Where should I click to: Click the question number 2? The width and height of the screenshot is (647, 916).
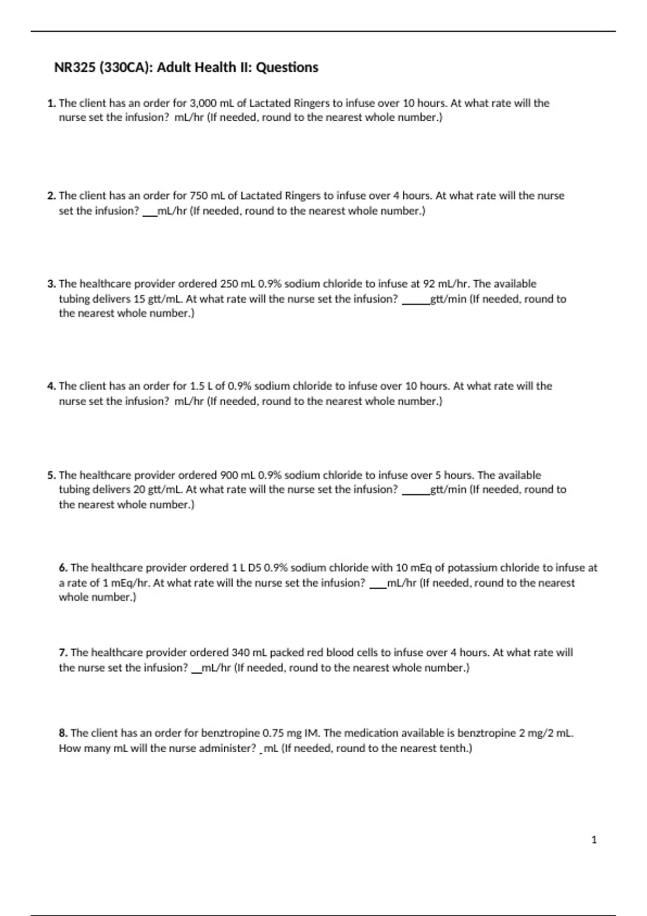click(x=51, y=196)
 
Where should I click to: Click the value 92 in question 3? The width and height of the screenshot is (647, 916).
click(x=428, y=283)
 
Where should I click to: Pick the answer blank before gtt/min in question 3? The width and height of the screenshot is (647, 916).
click(x=416, y=299)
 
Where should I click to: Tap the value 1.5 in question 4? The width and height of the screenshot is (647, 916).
click(x=197, y=386)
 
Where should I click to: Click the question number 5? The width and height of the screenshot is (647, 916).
click(x=51, y=475)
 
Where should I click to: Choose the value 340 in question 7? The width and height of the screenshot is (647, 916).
click(x=240, y=653)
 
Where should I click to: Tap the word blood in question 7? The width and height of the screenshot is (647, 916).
click(x=340, y=653)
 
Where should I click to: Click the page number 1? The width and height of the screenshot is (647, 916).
click(x=594, y=839)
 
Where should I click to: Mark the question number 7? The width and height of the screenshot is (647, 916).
click(x=63, y=653)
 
